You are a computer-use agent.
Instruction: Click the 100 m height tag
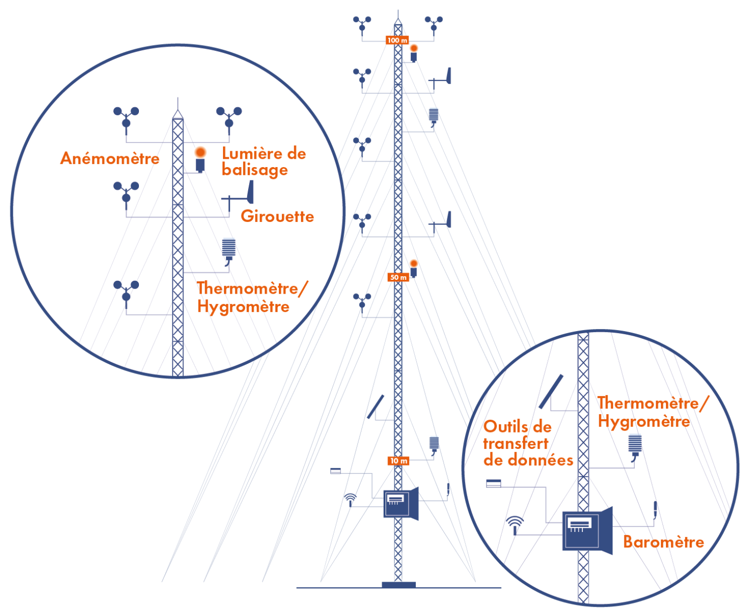(x=397, y=40)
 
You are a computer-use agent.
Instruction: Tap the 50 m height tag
(x=398, y=277)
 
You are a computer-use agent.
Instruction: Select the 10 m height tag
(x=398, y=461)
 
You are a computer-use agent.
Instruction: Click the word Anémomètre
(x=110, y=158)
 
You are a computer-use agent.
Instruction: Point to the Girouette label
(x=277, y=216)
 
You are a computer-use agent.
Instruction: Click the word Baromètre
(x=663, y=542)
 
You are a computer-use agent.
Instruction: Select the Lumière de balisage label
(x=264, y=161)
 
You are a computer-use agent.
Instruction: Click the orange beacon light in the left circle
(x=200, y=152)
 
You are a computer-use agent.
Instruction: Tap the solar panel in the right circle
(x=551, y=392)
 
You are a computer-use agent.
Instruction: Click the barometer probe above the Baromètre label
(x=655, y=509)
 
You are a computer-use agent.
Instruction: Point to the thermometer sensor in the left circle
(x=229, y=249)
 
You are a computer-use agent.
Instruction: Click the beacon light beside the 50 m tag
(x=413, y=264)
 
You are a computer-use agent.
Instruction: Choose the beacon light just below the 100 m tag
(x=413, y=49)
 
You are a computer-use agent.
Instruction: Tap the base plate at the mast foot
(x=398, y=585)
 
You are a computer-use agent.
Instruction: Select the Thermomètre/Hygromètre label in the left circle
(x=251, y=297)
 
